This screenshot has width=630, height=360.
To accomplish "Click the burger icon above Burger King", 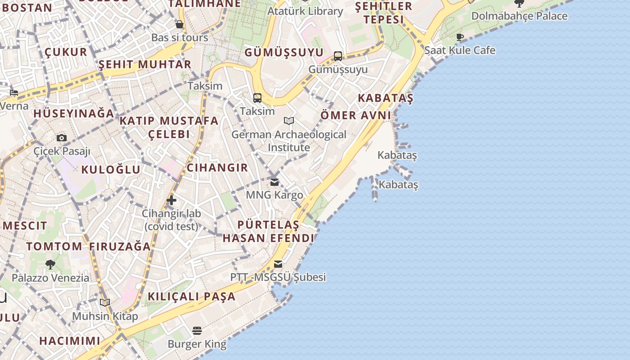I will [x=197, y=331].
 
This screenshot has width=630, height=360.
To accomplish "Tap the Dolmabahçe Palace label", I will [x=519, y=16].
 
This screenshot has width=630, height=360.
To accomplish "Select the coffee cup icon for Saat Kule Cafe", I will [x=459, y=37].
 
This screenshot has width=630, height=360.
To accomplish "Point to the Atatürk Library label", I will [x=305, y=11].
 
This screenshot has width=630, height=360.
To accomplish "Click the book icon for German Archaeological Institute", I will [x=289, y=121].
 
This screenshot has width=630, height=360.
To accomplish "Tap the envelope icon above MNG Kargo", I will [x=274, y=182].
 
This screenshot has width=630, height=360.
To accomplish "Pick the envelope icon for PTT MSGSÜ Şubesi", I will [x=278, y=264].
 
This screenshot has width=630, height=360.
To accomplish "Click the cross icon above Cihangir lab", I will [x=171, y=200].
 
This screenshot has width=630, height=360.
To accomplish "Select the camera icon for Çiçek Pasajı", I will [x=62, y=138].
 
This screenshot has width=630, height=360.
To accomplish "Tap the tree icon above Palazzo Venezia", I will [x=50, y=265].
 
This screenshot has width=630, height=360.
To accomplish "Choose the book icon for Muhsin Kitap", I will [x=105, y=303].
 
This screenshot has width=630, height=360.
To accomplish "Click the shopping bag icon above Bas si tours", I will [x=180, y=24].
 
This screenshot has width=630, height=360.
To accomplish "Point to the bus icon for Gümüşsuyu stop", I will [x=338, y=56].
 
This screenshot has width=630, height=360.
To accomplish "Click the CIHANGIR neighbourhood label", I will [x=217, y=168].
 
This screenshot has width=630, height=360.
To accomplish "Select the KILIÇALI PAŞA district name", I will [x=192, y=297].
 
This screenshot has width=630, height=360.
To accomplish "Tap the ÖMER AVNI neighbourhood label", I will [x=355, y=115].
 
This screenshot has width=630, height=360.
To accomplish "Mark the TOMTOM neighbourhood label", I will [x=54, y=247].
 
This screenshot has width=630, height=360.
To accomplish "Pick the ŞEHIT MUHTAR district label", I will [x=145, y=64].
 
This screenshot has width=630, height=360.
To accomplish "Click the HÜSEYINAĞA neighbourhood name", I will [x=74, y=113].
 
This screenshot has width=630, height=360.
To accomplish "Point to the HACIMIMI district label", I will [x=70, y=341].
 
